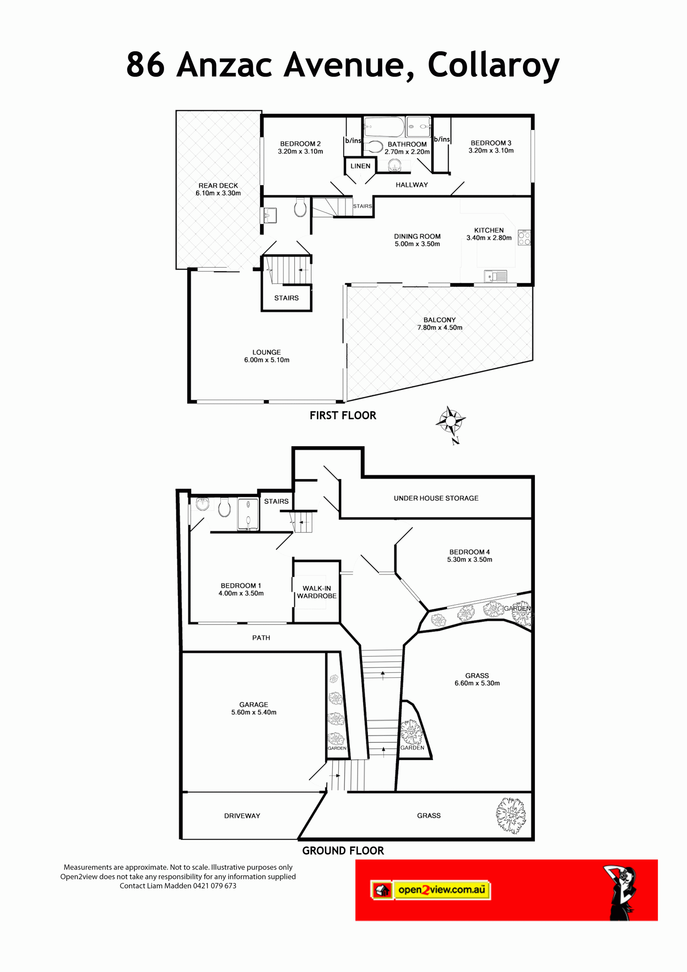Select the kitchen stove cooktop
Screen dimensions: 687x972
point(524,237)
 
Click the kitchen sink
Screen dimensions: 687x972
point(495,276)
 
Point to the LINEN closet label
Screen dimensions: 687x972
point(360,166)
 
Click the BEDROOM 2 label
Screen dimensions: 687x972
point(300,144)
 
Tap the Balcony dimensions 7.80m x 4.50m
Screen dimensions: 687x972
point(439,327)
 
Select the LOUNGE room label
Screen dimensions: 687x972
point(267,352)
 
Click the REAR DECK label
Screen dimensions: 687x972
point(218,185)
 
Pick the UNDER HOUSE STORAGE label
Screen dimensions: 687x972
point(436,498)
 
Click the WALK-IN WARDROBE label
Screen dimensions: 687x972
point(317,592)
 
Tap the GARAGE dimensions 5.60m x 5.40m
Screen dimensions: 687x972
point(254,712)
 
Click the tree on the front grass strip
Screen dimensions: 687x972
point(511,815)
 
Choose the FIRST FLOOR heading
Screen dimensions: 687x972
point(343,415)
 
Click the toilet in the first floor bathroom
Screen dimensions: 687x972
point(373,146)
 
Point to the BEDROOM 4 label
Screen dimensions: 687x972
point(469,552)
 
